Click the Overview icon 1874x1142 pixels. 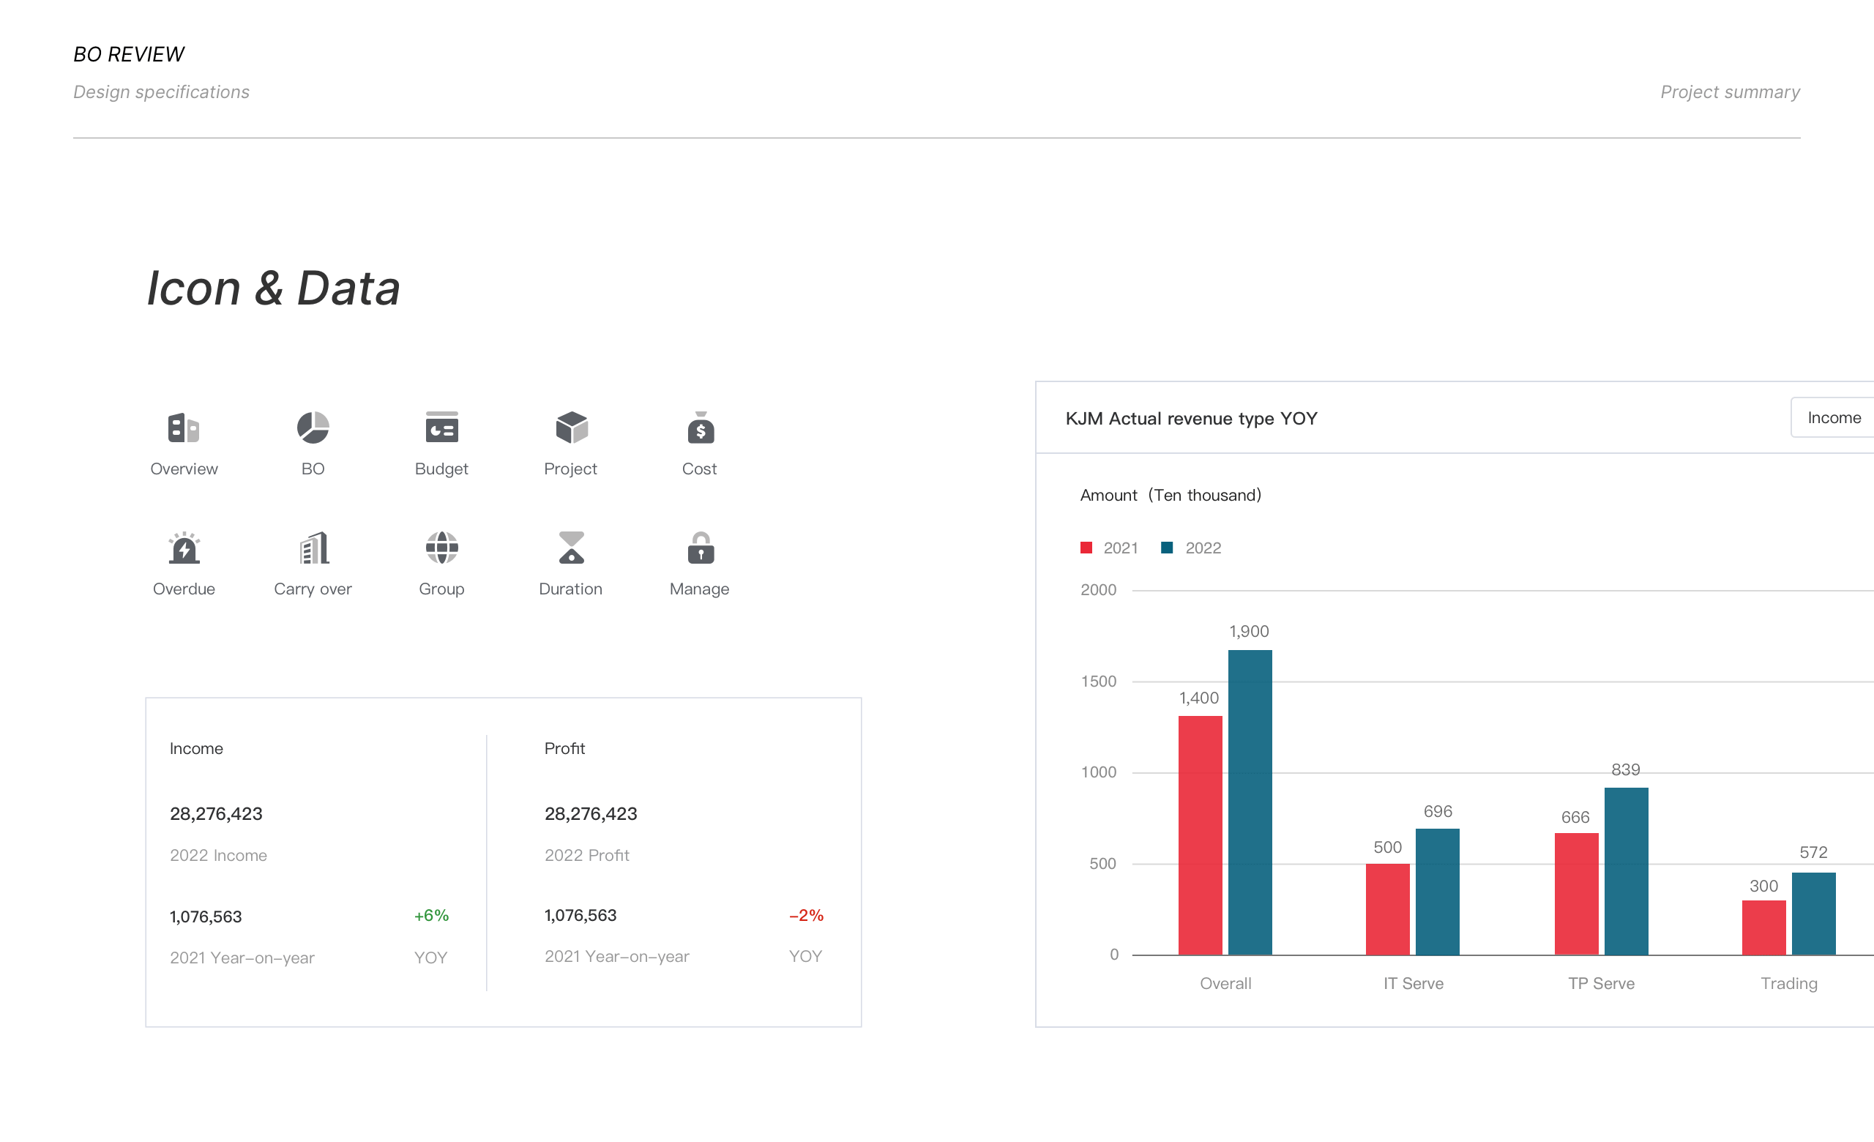point(183,428)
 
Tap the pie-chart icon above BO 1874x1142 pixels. point(313,428)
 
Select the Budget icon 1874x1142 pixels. point(442,428)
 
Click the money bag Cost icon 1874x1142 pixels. point(701,428)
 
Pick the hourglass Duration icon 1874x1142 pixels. point(571,548)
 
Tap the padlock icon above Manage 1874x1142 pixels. point(701,548)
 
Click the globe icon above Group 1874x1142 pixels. point(442,548)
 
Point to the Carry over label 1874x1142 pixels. point(313,589)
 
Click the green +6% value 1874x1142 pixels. point(431,915)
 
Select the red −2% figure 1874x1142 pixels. point(806,915)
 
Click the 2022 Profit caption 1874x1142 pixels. point(586,855)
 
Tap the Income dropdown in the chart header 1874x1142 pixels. point(1832,417)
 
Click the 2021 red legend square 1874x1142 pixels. point(1086,548)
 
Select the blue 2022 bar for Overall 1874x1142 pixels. point(1250,802)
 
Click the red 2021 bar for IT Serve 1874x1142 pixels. point(1387,909)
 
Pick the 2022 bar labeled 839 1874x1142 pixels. point(1626,871)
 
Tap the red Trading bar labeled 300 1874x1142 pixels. point(1763,928)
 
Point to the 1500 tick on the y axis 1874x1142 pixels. point(1098,682)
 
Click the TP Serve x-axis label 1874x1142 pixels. point(1601,983)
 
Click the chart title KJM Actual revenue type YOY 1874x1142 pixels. point(1191,418)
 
